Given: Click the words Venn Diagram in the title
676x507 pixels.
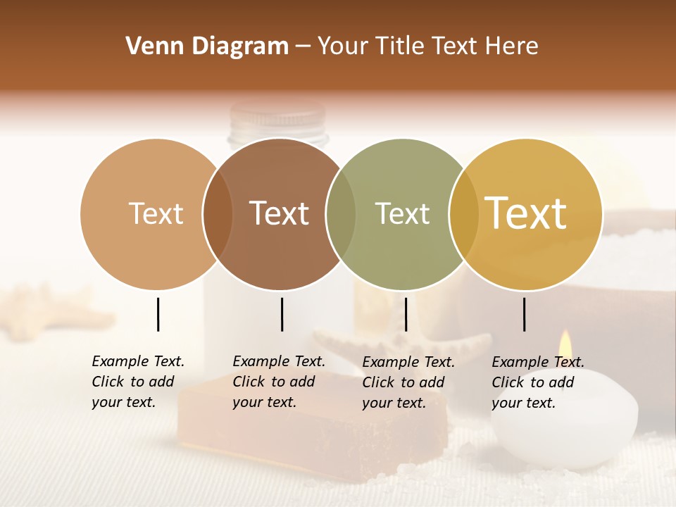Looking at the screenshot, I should (206, 46).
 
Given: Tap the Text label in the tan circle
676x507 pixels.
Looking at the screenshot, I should (156, 213).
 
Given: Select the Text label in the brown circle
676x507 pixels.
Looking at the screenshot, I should (280, 213).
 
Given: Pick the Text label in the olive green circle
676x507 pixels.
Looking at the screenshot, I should (402, 213).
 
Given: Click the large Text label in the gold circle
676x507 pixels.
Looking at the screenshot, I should (526, 213).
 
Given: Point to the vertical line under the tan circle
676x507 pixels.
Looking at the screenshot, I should (158, 314).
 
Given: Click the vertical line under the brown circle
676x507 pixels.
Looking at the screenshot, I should (282, 314).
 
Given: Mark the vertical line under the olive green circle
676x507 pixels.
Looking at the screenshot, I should (406, 314).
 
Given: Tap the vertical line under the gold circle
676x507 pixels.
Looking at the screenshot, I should (524, 314).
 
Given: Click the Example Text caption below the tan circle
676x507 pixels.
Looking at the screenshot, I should (138, 382).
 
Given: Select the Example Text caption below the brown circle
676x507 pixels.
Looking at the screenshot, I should (279, 382).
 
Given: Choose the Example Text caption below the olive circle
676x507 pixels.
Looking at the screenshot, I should (408, 382).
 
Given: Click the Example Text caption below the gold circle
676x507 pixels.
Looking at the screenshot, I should (538, 382).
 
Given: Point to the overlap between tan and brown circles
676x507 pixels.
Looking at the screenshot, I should (218, 214).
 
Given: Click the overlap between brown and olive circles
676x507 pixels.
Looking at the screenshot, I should (341, 214).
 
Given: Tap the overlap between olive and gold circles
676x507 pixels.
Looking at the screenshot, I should (463, 214).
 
